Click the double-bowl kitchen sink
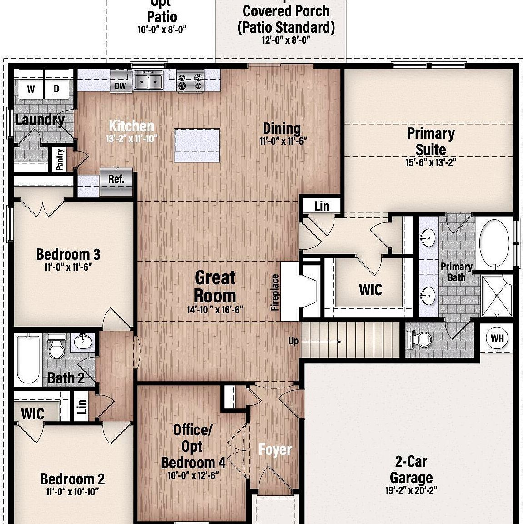click(x=149, y=81)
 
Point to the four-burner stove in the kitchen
click(x=190, y=81)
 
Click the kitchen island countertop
click(x=197, y=145)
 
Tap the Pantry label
click(x=60, y=160)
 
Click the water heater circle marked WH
click(x=497, y=338)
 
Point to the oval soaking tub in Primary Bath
click(x=495, y=244)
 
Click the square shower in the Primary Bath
click(x=497, y=296)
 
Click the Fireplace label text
click(x=275, y=292)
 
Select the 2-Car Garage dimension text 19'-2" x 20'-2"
click(x=411, y=490)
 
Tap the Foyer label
click(x=275, y=450)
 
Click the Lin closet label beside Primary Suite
click(x=321, y=206)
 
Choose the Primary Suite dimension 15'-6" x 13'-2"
click(x=430, y=162)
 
